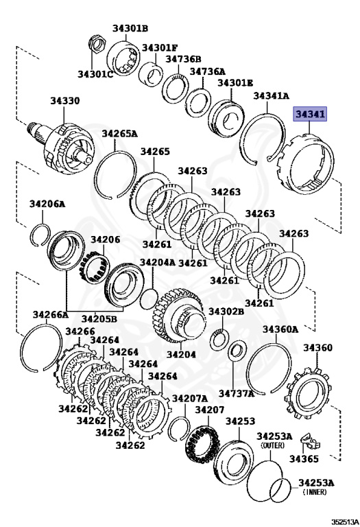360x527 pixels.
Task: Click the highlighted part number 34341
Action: coord(310,115)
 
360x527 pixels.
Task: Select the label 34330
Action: coord(65,101)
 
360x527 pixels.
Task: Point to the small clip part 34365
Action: coord(310,441)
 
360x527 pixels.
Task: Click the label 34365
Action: coord(304,458)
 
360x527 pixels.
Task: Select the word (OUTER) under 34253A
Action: coord(272,445)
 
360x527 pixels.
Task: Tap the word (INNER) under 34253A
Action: coord(315,492)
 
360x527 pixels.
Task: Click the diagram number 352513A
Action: coord(345,522)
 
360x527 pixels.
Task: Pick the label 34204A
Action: coord(158,262)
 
